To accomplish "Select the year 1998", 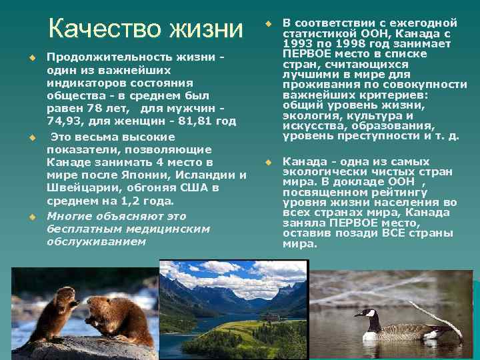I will [x=352, y=44].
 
